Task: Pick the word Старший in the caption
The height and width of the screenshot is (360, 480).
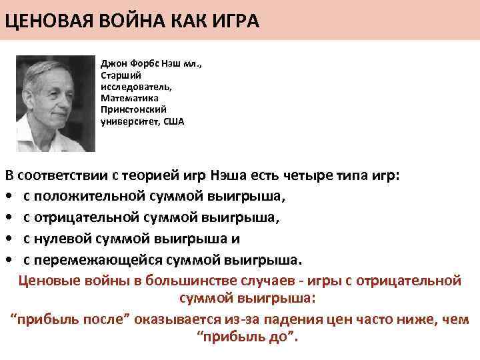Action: point(117,76)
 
